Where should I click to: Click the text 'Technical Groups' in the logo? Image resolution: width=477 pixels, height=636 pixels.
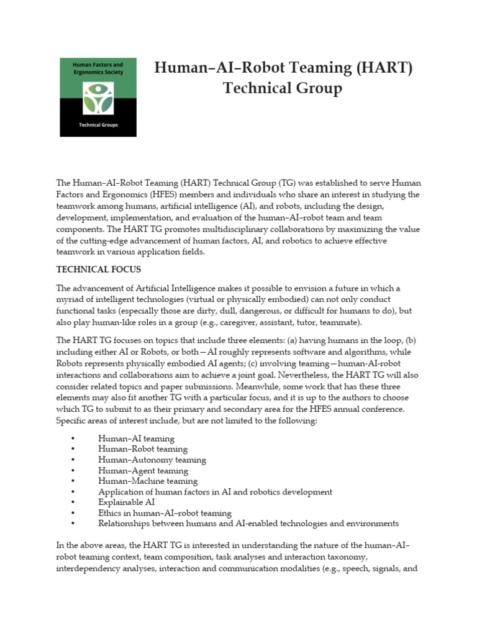tap(98, 125)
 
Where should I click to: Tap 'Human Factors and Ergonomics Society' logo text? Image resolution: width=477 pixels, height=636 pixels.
tap(98, 68)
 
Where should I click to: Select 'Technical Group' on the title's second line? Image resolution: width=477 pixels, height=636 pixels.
tap(283, 89)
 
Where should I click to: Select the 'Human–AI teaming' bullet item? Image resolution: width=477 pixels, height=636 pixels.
tap(136, 438)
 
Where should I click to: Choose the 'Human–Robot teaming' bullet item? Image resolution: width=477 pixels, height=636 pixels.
tap(142, 449)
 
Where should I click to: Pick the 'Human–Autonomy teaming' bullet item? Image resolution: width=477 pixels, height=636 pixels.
tap(152, 460)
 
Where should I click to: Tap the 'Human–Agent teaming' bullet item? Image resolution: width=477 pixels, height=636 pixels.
tap(143, 471)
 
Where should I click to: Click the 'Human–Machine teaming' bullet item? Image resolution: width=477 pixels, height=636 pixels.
tap(148, 481)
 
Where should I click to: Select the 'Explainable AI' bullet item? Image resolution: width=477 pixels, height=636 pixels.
tap(127, 502)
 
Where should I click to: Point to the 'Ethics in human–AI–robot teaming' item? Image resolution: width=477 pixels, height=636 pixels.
tap(165, 513)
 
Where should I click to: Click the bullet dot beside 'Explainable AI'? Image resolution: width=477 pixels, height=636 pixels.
tap(73, 502)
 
